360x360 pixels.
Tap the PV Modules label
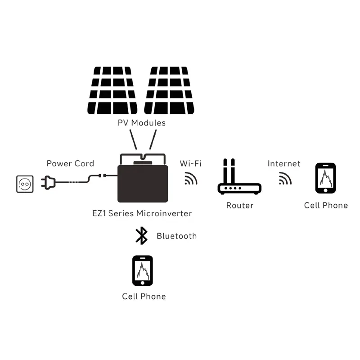pos(141,122)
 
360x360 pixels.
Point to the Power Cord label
pos(70,163)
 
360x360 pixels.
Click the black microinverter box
pos(143,182)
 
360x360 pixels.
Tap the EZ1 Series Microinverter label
pos(141,213)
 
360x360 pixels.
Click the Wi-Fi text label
pos(190,163)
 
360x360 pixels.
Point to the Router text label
pos(239,205)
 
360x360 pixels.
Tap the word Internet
pos(284,163)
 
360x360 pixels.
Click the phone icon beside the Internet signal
pos(325,179)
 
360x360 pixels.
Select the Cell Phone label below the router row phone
pos(326,205)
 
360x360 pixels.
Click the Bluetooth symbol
pos(142,236)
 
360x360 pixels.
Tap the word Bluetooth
pos(176,236)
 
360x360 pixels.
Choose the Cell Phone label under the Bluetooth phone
pos(144,296)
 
